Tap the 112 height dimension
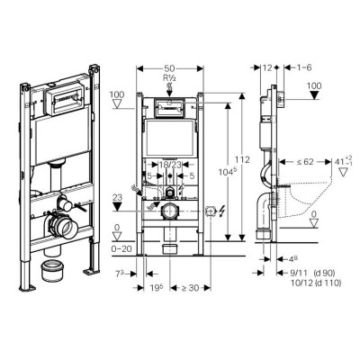239,159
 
